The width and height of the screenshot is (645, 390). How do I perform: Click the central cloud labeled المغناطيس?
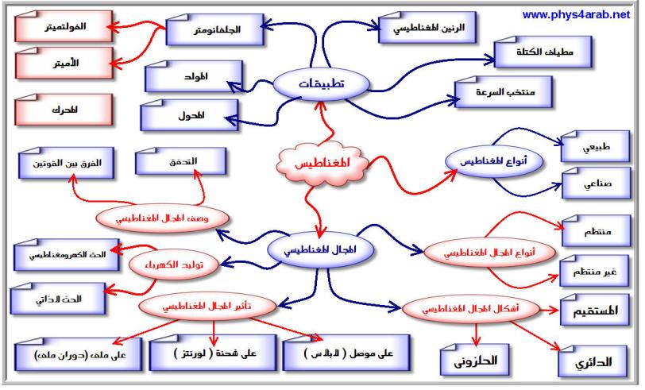coord(322,163)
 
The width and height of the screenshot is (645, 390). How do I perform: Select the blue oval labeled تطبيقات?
coord(321,84)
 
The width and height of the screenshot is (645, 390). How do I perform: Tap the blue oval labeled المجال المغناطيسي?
coord(320,249)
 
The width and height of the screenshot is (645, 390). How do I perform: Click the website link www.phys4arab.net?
coord(576,15)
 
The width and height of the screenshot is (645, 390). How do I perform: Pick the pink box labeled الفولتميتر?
coord(64,27)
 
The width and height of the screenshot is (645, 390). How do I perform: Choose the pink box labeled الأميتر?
coord(64,63)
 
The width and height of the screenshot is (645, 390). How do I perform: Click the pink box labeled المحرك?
coord(64,110)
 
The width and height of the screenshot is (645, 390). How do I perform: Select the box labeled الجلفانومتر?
coord(214,29)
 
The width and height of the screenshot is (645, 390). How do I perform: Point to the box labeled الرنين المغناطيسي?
coord(427,28)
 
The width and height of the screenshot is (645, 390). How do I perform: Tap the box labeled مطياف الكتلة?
coord(543,52)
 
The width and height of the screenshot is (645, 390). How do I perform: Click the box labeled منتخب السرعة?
coord(504,91)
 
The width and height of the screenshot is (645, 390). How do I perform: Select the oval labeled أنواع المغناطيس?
coord(493,161)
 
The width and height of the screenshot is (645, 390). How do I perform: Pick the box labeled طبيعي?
coord(596,147)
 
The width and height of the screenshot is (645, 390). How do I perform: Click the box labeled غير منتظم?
coord(594,271)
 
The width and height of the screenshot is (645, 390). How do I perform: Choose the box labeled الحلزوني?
coord(475,361)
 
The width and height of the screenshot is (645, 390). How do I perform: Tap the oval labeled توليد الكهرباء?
coord(174,265)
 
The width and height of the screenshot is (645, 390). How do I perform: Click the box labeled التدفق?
coord(181,161)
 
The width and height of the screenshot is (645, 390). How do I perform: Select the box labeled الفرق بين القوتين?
coord(66,164)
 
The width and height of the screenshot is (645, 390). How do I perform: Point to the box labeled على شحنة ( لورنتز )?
coord(213,353)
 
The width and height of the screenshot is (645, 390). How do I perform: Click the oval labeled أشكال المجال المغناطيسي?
coord(471,308)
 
